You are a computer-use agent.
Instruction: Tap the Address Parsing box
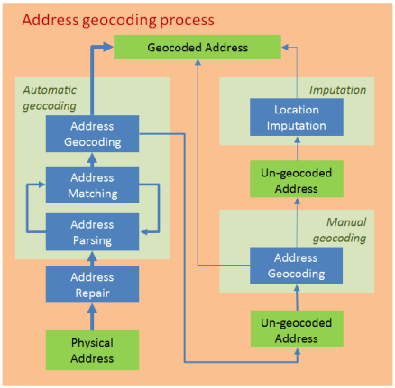point(91,231)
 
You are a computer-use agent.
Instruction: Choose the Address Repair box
point(91,284)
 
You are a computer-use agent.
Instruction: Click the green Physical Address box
point(91,350)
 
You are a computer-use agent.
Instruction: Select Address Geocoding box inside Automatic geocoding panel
point(91,134)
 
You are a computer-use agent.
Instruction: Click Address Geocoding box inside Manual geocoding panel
point(297,266)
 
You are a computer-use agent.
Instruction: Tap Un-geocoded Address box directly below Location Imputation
point(297,180)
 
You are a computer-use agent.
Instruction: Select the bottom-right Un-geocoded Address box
point(297,330)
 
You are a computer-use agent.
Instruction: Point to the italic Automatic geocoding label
point(50,96)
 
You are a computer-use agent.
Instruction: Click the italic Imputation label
point(337,90)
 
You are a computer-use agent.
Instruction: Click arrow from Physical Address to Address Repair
point(91,317)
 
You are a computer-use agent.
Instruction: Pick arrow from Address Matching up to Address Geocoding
point(91,158)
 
